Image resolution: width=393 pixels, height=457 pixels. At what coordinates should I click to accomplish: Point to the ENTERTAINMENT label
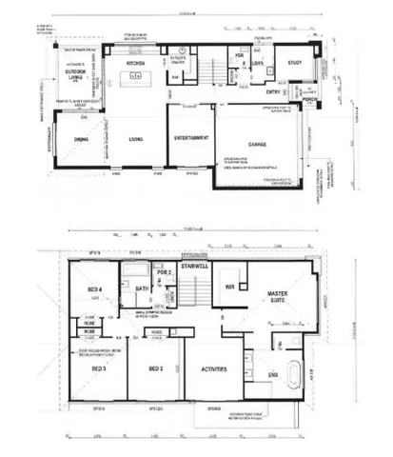coord(191,139)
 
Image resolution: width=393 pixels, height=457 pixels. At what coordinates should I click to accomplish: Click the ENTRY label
coord(273,92)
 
